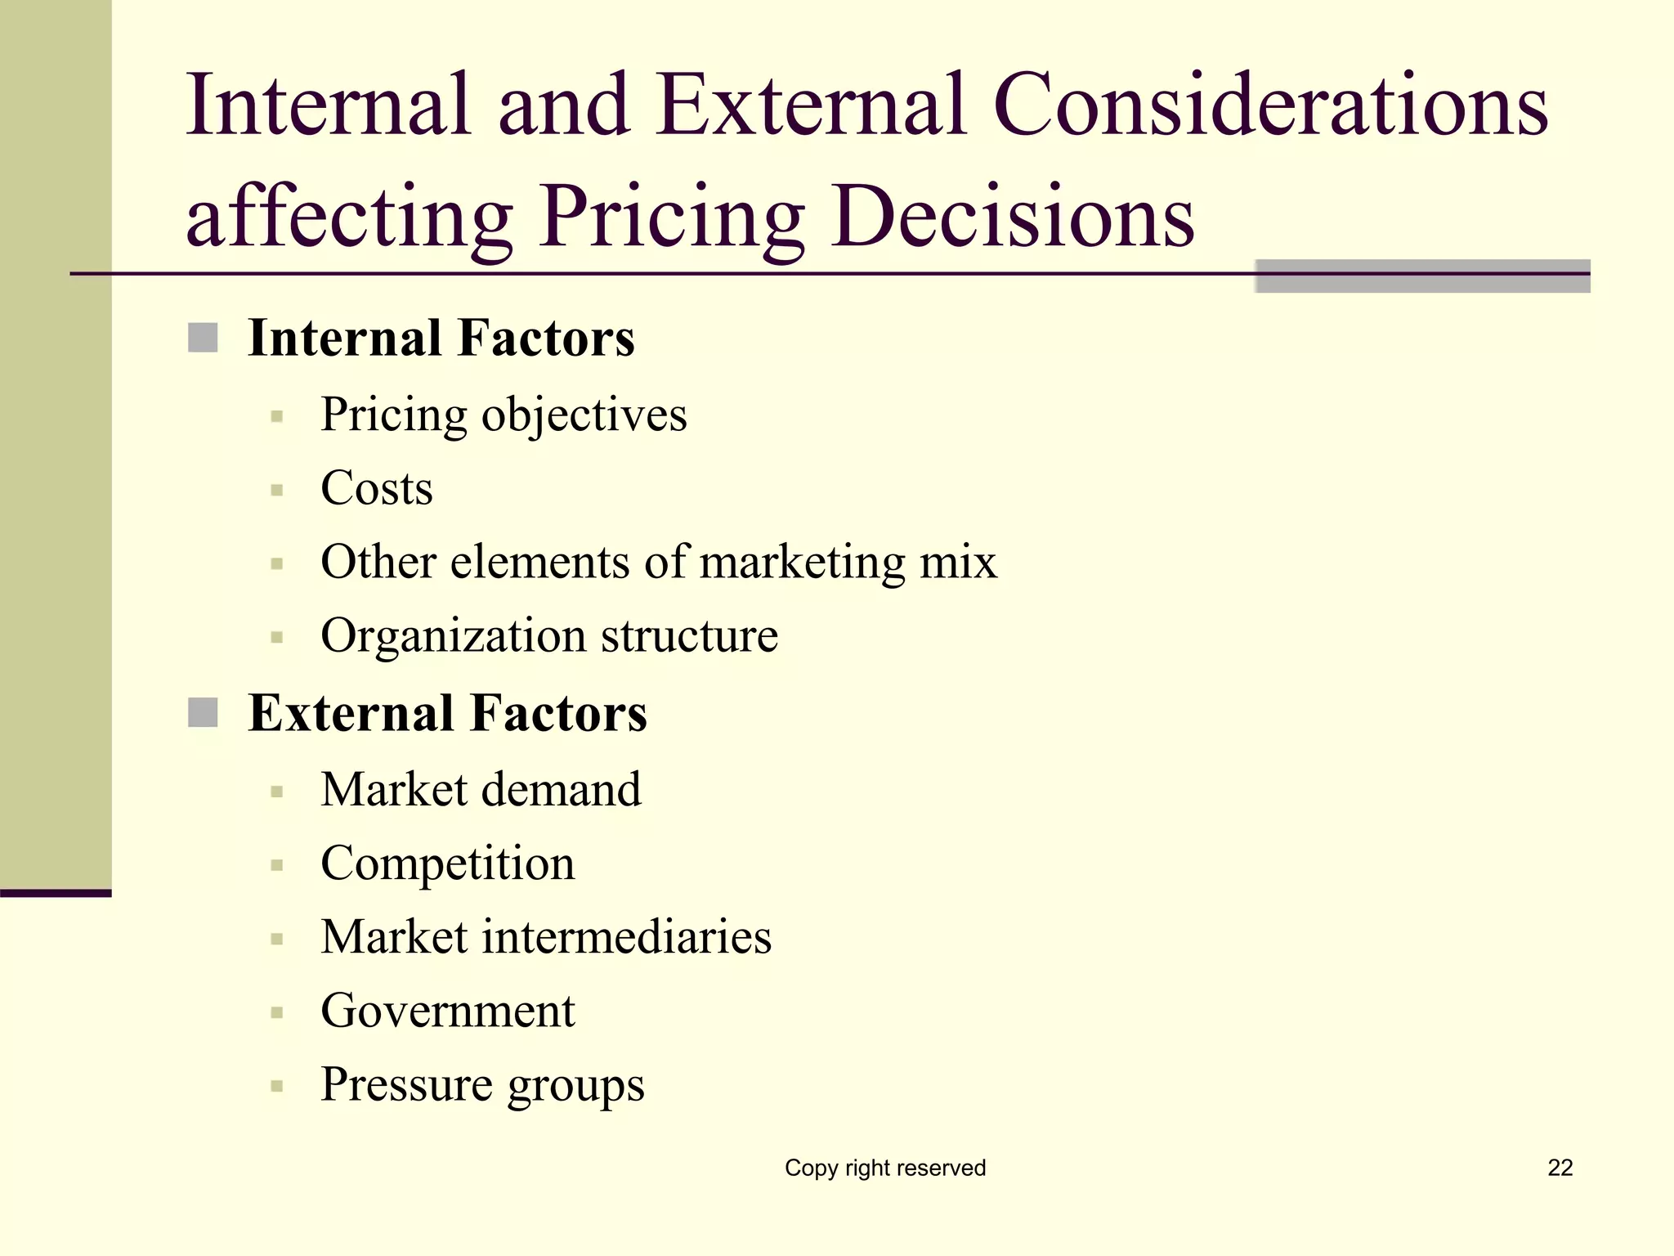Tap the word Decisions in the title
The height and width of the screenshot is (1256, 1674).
(x=1013, y=216)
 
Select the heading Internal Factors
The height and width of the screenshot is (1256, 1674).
(x=441, y=338)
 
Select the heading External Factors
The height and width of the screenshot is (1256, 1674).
(x=447, y=713)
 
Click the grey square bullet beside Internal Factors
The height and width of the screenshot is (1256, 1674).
(x=203, y=338)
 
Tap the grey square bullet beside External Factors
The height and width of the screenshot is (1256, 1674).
(x=203, y=712)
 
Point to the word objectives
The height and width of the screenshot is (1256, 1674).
(x=584, y=415)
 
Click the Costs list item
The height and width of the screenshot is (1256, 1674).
(x=376, y=488)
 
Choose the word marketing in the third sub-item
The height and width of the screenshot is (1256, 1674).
(x=803, y=563)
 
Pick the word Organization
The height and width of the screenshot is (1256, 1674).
(x=453, y=636)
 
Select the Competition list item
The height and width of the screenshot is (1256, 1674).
(x=447, y=863)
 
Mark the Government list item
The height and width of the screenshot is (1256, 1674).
(x=447, y=1011)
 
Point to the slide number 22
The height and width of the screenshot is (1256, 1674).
(x=1560, y=1168)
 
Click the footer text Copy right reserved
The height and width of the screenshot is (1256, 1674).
(x=885, y=1168)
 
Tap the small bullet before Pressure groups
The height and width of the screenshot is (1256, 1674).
(x=277, y=1087)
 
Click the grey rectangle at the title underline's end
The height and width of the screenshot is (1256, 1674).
(x=1422, y=276)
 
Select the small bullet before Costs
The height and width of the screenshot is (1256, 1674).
(x=277, y=491)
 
